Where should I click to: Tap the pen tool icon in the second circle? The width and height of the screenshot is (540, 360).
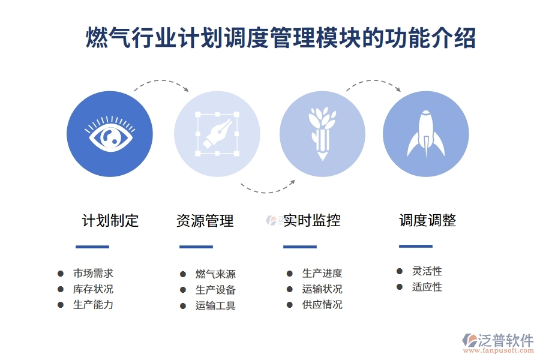pos(217,134)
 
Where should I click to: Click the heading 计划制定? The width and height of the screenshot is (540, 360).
pos(110,221)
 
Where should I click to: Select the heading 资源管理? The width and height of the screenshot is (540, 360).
pos(205,221)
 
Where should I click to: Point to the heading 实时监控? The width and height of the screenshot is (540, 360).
pos(311,220)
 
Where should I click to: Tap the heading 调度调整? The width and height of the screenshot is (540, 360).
pos(428,220)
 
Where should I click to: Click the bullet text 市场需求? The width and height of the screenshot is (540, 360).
pos(93,273)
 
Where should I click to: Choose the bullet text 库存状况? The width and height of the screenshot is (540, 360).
pos(93,289)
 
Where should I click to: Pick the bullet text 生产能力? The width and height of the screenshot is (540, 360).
pos(93,304)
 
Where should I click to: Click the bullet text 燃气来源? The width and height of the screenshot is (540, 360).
pos(215,274)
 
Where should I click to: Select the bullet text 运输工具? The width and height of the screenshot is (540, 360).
pos(215,305)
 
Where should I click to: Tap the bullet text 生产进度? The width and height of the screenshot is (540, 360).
pos(322,274)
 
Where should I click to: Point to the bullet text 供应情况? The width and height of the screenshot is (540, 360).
pos(322,304)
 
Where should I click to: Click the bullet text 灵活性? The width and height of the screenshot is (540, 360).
pos(427,271)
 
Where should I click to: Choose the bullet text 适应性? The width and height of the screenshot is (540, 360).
pos(427,287)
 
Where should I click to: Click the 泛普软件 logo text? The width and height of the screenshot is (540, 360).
pos(505,340)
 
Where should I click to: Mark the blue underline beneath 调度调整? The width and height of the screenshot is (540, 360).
pos(416,246)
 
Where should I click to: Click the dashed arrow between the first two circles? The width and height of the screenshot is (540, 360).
pos(161,83)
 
